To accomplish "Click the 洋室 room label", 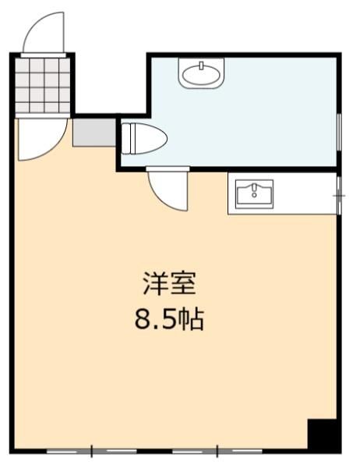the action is pyautogui.click(x=169, y=284).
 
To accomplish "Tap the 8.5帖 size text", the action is pyautogui.click(x=169, y=319).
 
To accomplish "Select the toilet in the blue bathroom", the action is pyautogui.click(x=144, y=139).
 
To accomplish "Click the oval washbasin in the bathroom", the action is pyautogui.click(x=201, y=73).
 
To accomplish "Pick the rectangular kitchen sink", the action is pyautogui.click(x=254, y=193).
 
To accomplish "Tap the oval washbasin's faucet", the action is pyautogui.click(x=201, y=65).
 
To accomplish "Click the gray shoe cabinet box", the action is pyautogui.click(x=94, y=133).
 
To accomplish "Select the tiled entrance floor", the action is pyautogui.click(x=43, y=85).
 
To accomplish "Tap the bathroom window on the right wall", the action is pyautogui.click(x=339, y=132).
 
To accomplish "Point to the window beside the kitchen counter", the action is pyautogui.click(x=339, y=196).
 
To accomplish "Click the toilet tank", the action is pyautogui.click(x=126, y=139).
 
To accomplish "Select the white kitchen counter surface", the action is pyautogui.click(x=282, y=193).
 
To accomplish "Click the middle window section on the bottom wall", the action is pyautogui.click(x=154, y=451).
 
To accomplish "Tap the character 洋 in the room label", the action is pyautogui.click(x=155, y=284).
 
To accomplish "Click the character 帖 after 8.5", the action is pyautogui.click(x=193, y=319).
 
